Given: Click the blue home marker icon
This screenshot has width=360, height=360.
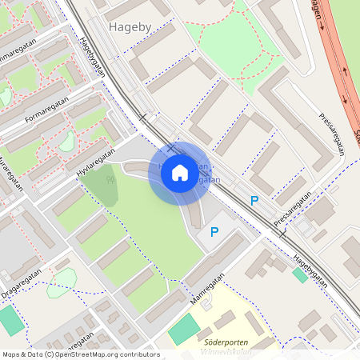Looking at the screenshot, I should (x=179, y=173).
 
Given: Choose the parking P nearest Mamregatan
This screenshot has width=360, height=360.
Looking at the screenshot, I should (x=214, y=232).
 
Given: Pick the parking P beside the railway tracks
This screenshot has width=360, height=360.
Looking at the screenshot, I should (x=254, y=201).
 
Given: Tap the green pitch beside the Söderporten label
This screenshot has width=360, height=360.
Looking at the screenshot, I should (x=185, y=329).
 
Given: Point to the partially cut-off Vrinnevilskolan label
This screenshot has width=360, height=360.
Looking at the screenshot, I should (x=225, y=352).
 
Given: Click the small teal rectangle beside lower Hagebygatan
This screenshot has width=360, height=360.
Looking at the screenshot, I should (x=300, y=274).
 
